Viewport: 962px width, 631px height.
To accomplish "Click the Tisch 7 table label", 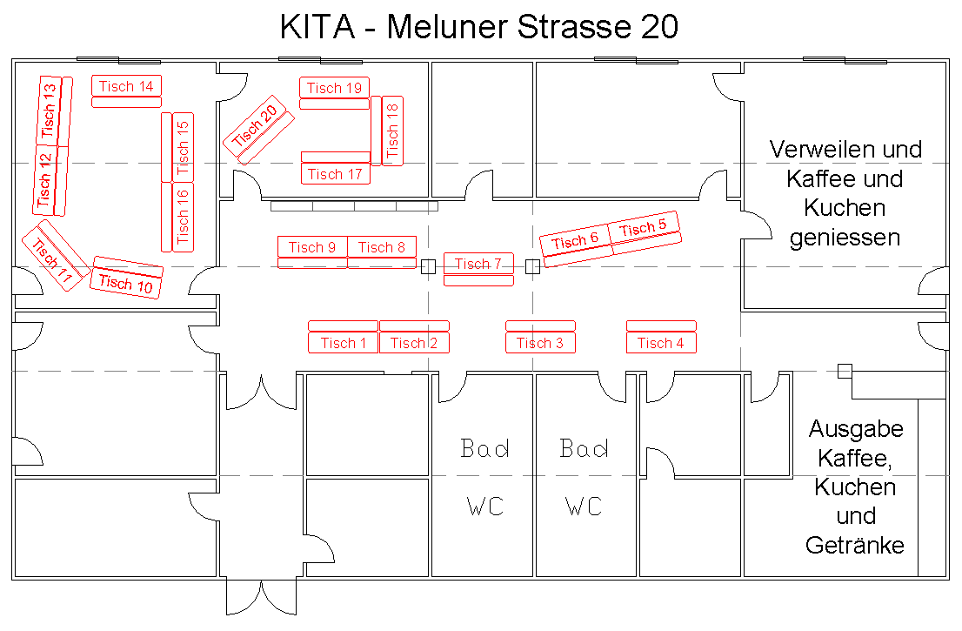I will point(478,264).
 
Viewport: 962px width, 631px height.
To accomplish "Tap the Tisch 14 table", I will point(126,86).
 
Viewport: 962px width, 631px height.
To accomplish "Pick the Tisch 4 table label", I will point(661,343).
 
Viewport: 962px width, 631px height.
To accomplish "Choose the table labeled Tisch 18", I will point(392,131).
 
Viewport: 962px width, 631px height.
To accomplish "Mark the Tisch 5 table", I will point(644,229).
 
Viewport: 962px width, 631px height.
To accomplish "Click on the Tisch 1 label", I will point(344,343).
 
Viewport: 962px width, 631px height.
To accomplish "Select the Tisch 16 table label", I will point(183,216).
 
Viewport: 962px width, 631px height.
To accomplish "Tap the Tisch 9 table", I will point(312,247).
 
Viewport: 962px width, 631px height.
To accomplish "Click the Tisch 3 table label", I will point(540,343).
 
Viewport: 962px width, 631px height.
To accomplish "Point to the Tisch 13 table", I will point(50,111).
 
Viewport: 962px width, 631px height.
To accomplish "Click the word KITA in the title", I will point(317,27).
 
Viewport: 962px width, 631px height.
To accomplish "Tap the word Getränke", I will point(855,545).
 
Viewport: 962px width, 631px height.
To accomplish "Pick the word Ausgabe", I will point(856,429).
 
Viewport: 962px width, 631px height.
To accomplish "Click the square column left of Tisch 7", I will point(428,267).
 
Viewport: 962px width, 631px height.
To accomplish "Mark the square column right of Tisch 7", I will point(533,267).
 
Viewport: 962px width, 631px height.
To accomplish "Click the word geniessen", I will point(845,237).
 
